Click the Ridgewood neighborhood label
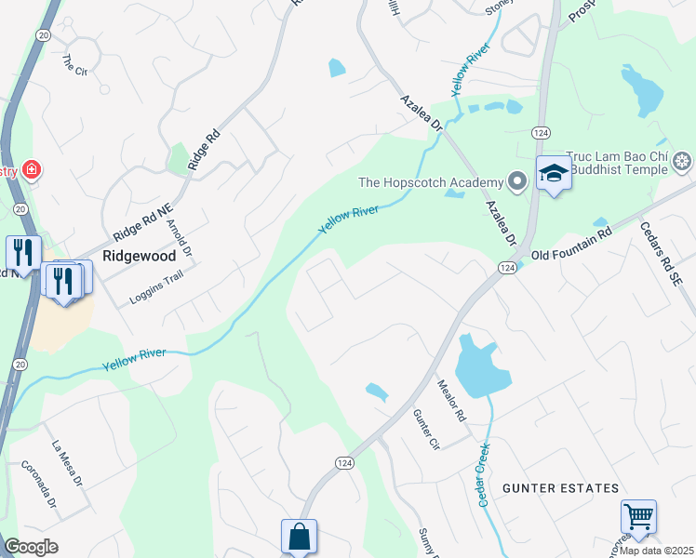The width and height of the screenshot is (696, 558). tap(139, 253)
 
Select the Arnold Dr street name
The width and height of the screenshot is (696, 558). tap(180, 238)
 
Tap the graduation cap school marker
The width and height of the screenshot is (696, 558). tap(554, 173)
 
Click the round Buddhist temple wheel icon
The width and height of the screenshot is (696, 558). tap(683, 163)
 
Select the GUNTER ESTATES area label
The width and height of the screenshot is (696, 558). tap(560, 488)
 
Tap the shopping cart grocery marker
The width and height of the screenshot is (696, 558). tap(638, 517)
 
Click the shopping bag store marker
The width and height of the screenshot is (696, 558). tap(299, 537)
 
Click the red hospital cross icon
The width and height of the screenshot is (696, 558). tap(32, 170)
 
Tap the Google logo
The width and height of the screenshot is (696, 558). tap(32, 547)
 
